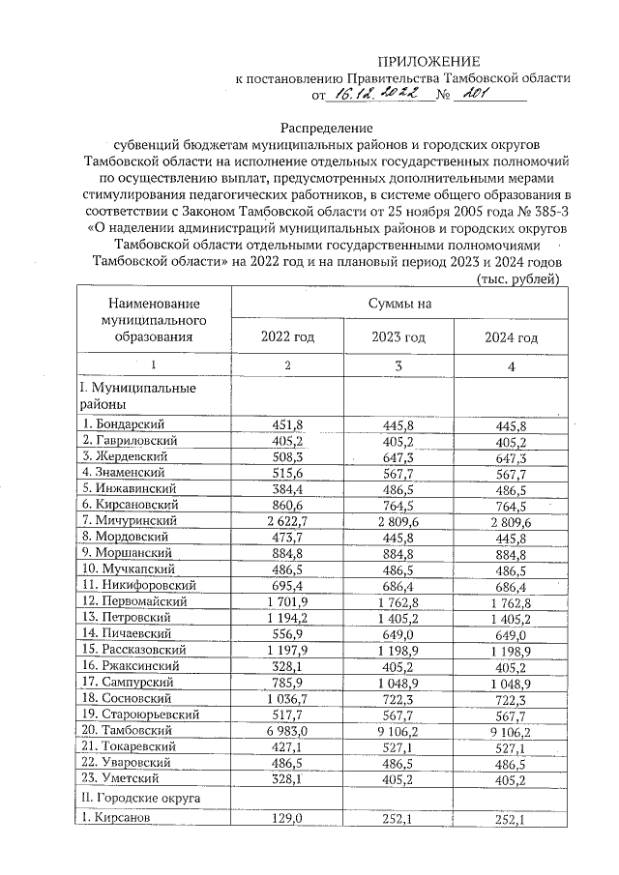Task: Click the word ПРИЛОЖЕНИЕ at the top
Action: click(428, 60)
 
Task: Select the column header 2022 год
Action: click(287, 337)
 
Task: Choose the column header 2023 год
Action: click(398, 337)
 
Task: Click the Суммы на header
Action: click(398, 304)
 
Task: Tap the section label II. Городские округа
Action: click(138, 801)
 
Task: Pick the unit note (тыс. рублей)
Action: click(518, 279)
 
